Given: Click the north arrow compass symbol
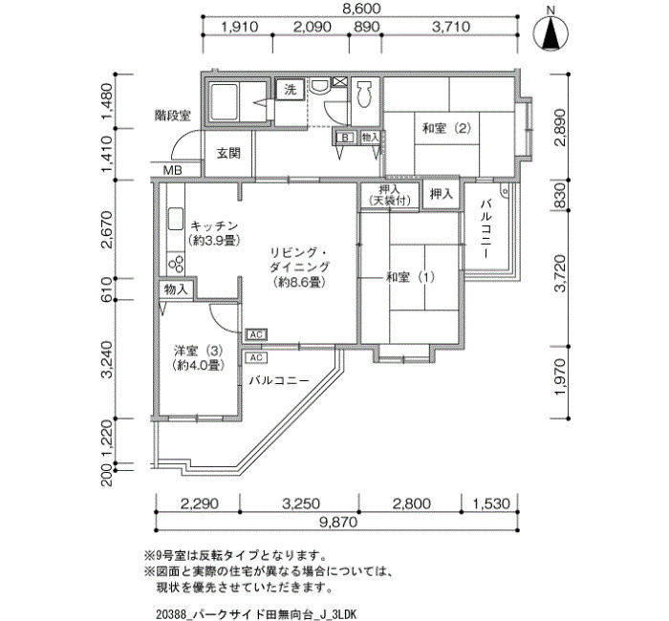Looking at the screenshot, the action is pyautogui.click(x=550, y=34).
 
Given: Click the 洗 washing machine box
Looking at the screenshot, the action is pyautogui.click(x=291, y=90).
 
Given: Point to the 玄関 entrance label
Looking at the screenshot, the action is pyautogui.click(x=228, y=153).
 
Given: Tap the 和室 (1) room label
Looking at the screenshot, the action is pyautogui.click(x=410, y=277).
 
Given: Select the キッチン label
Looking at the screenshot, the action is pyautogui.click(x=214, y=225).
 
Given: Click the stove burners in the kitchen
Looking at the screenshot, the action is pyautogui.click(x=176, y=263).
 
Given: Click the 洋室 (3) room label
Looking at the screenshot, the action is pyautogui.click(x=199, y=351).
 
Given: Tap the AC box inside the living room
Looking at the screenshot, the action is pyautogui.click(x=256, y=334).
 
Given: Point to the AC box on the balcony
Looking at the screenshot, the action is pyautogui.click(x=256, y=357).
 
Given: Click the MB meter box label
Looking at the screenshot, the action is pyautogui.click(x=173, y=171).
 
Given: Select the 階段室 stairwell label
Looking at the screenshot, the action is pyautogui.click(x=173, y=116).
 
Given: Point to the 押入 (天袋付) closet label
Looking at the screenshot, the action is pyautogui.click(x=389, y=195).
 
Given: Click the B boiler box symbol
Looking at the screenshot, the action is pyautogui.click(x=345, y=138).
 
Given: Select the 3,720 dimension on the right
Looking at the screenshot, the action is pyautogui.click(x=560, y=273).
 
